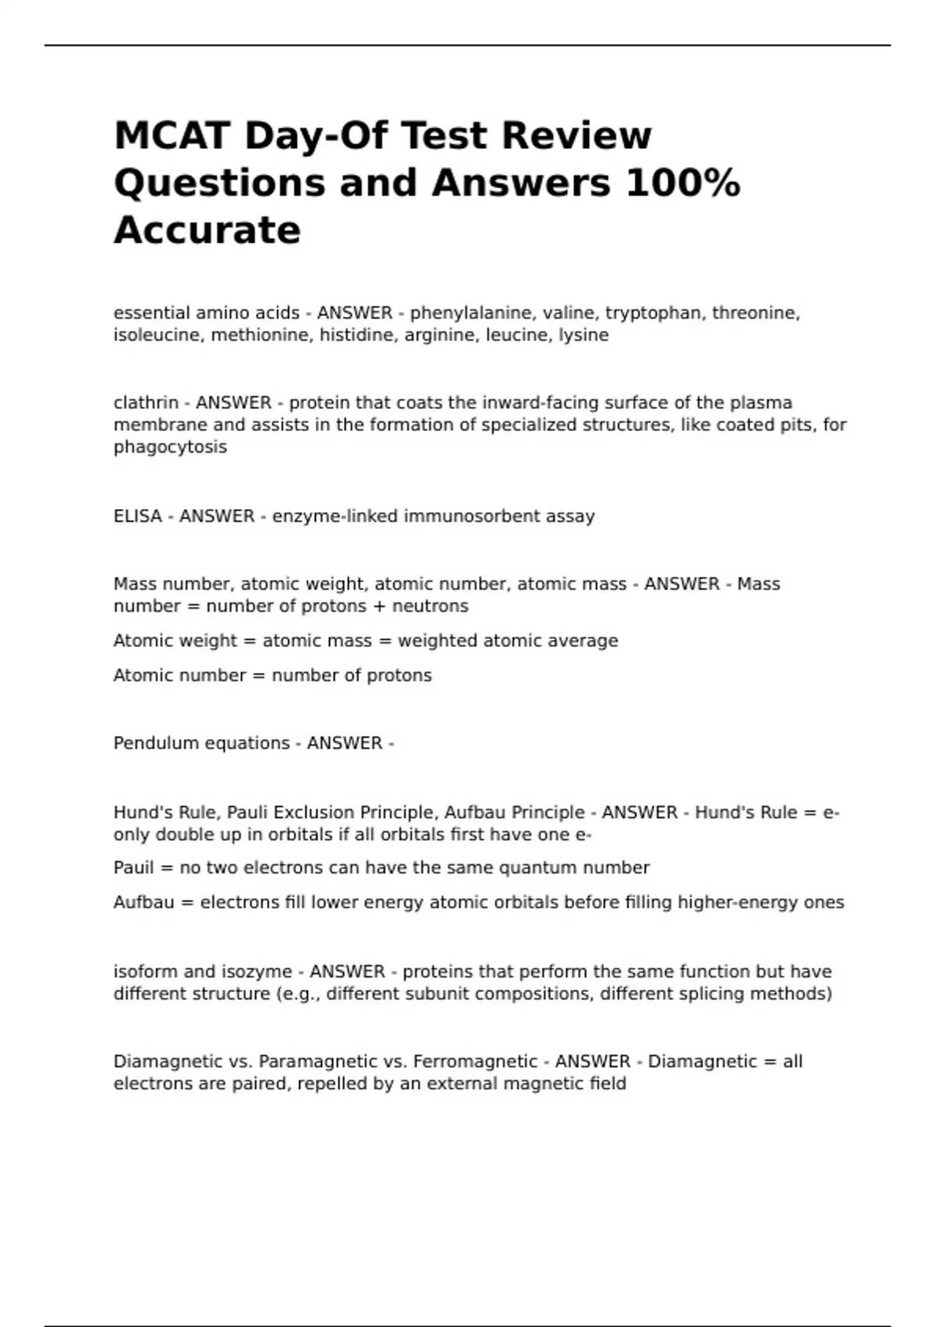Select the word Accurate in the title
207,230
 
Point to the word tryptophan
654,313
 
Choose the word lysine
583,335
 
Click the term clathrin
146,403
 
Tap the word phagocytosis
170,447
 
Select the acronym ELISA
137,516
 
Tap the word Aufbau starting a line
144,902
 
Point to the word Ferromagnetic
475,1062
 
